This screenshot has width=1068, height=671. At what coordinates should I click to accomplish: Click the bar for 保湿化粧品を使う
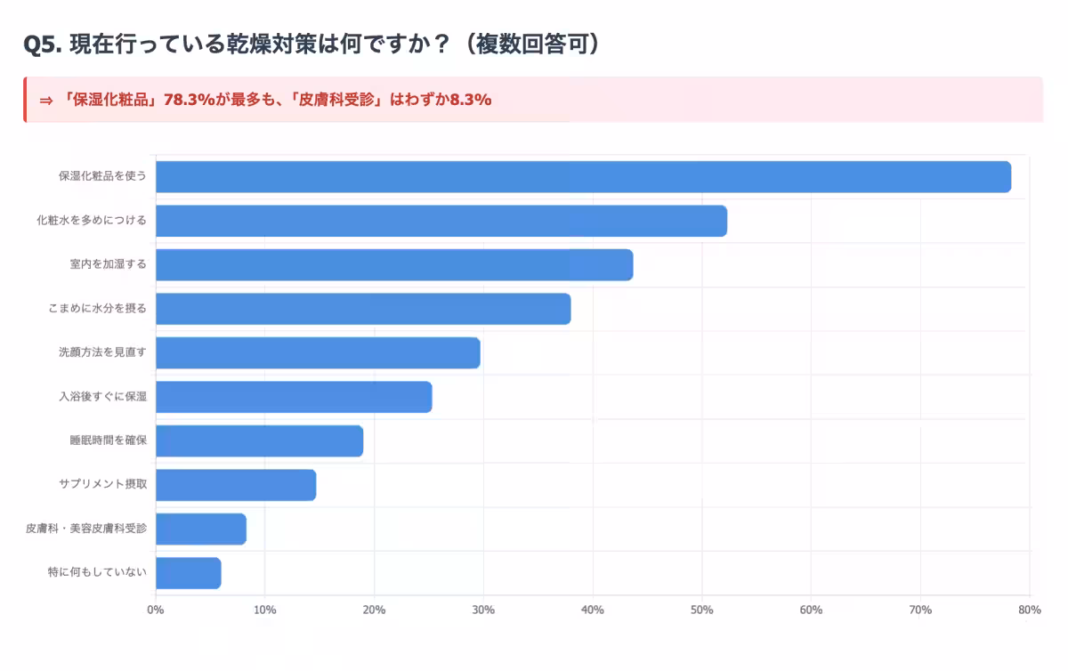[583, 177]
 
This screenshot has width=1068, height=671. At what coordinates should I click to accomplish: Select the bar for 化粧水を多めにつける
[441, 221]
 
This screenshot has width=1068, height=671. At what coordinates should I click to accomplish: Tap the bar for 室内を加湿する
[394, 265]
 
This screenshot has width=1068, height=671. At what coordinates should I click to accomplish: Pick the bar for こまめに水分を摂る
[363, 309]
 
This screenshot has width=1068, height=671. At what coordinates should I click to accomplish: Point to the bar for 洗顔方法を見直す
[318, 353]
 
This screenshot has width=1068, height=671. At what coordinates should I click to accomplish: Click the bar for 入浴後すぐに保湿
[294, 397]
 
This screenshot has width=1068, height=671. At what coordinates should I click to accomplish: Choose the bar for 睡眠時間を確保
[259, 441]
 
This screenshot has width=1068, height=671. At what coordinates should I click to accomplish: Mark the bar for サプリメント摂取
[236, 485]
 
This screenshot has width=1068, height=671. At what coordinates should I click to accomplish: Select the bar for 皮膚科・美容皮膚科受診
[201, 529]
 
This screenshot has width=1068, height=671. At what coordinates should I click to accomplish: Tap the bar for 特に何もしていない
[189, 573]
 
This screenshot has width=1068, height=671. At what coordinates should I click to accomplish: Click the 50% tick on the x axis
[701, 610]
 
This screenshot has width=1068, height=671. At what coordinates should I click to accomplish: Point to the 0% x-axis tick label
[156, 610]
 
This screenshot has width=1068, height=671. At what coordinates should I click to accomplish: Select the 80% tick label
[1029, 610]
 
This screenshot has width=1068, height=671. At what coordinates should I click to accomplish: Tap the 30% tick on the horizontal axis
[483, 610]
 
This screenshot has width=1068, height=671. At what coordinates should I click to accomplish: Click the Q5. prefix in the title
[43, 44]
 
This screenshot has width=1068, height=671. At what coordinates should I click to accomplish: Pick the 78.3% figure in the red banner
[189, 100]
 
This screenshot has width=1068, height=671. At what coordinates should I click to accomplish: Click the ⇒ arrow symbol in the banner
[46, 100]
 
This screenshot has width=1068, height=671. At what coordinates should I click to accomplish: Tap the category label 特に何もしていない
[97, 572]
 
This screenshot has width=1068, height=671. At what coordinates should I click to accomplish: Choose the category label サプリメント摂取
[102, 485]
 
